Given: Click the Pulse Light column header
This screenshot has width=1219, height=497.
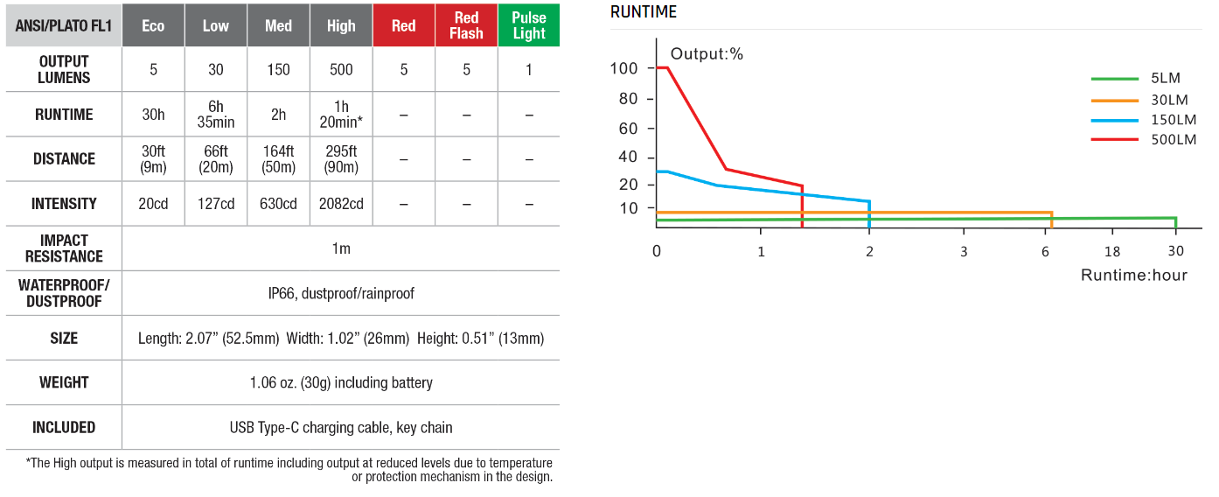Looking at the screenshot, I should (x=529, y=25).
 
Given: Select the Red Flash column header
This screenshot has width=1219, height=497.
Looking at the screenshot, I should (x=466, y=25).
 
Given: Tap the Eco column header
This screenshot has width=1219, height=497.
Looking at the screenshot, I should (x=153, y=25).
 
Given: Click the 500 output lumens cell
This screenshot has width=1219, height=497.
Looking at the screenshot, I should (x=341, y=69).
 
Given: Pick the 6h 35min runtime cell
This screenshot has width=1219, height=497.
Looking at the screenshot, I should (x=215, y=114).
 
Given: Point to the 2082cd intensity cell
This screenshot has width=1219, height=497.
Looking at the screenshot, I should (x=341, y=204).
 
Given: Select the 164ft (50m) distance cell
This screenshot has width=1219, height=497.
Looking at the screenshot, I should (x=278, y=158).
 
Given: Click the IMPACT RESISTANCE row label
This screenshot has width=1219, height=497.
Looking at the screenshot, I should (x=64, y=248).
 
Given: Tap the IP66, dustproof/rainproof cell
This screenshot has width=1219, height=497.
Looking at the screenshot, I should (x=341, y=293).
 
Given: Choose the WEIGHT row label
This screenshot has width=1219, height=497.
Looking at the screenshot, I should (x=64, y=382).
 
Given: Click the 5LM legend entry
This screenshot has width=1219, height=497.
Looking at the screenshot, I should (x=1167, y=79).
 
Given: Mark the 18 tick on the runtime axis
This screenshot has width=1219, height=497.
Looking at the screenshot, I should (x=1112, y=251).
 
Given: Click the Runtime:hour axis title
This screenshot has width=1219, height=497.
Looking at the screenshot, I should (x=1134, y=276).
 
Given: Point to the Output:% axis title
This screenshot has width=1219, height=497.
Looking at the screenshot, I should (x=707, y=54).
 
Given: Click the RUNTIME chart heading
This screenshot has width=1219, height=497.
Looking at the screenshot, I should (x=644, y=12).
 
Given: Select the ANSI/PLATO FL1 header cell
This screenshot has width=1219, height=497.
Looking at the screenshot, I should (x=64, y=25).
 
